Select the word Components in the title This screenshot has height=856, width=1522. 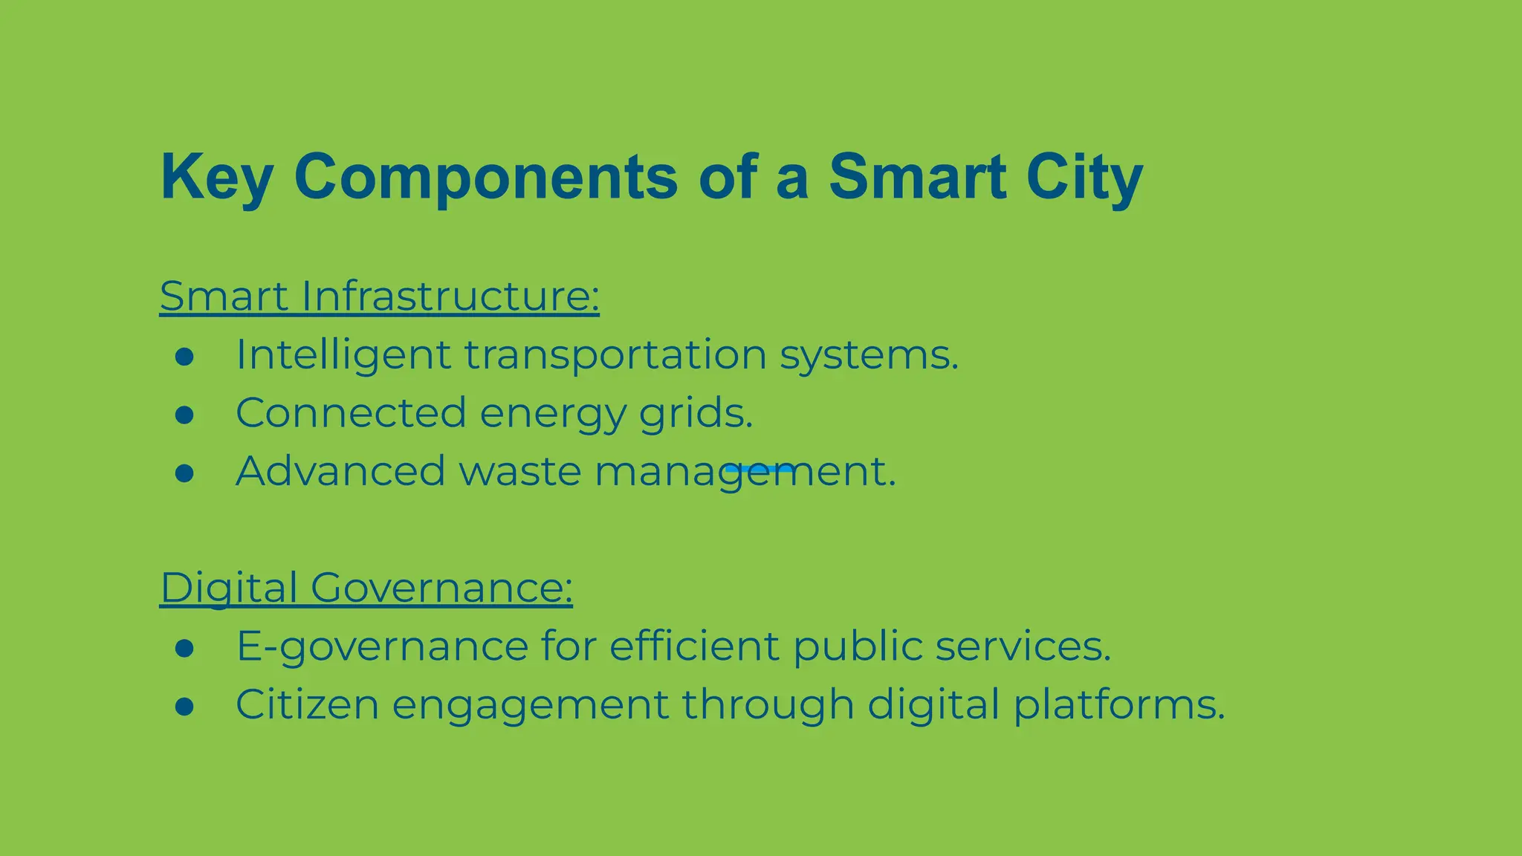pyautogui.click(x=486, y=177)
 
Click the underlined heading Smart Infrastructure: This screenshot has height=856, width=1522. pyautogui.click(x=379, y=296)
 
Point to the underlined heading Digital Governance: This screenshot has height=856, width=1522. pyautogui.click(x=366, y=588)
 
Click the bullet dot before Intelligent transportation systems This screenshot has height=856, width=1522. pyautogui.click(x=184, y=357)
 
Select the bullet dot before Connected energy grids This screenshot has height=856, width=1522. pyautogui.click(x=184, y=415)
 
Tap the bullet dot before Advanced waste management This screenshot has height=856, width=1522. pyautogui.click(x=184, y=473)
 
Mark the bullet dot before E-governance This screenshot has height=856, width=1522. pyautogui.click(x=184, y=648)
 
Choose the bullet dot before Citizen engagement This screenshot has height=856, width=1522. pyautogui.click(x=184, y=706)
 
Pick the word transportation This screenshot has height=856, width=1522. pyautogui.click(x=615, y=354)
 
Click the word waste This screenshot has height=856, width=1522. pyautogui.click(x=520, y=472)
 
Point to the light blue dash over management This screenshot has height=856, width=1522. pyautogui.click(x=760, y=469)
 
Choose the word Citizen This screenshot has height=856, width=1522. pyautogui.click(x=307, y=704)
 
